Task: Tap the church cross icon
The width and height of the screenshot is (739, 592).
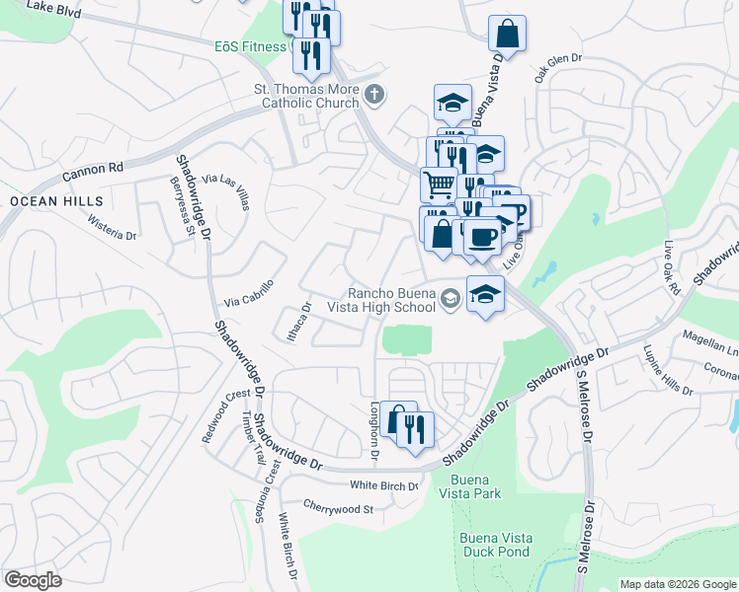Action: click(373, 96)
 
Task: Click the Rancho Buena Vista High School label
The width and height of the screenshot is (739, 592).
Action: click(390, 299)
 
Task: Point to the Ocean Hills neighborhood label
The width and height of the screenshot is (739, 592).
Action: click(56, 201)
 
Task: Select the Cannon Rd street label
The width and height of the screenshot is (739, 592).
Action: click(92, 171)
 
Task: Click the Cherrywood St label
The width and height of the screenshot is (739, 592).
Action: click(338, 509)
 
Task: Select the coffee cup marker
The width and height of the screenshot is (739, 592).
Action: click(482, 238)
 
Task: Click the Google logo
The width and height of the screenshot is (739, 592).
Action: click(34, 580)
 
